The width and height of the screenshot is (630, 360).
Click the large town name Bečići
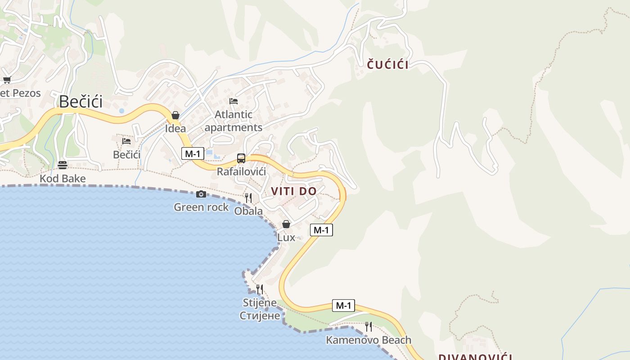pyautogui.click(x=81, y=102)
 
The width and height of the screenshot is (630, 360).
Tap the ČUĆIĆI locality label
pyautogui.click(x=387, y=65)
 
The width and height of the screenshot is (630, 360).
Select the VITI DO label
pyautogui.click(x=294, y=191)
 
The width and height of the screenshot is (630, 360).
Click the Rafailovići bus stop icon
pyautogui.click(x=241, y=158)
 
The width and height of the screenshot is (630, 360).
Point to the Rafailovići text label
pyautogui.click(x=241, y=171)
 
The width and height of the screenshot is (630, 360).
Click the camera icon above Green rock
pyautogui.click(x=201, y=194)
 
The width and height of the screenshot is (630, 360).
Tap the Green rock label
pyautogui.click(x=201, y=207)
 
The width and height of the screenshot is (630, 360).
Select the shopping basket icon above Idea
pyautogui.click(x=175, y=116)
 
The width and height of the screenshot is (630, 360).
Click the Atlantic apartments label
pyautogui.click(x=234, y=121)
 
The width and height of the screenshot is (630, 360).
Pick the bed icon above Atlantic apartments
pyautogui.click(x=234, y=101)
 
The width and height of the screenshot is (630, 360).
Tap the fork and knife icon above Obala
pyautogui.click(x=248, y=198)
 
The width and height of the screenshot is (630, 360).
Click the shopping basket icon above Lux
pyautogui.click(x=286, y=224)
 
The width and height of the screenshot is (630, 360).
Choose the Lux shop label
pyautogui.click(x=286, y=237)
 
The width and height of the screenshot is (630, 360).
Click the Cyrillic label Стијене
pyautogui.click(x=260, y=315)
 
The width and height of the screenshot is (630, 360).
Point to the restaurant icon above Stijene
pyautogui.click(x=260, y=289)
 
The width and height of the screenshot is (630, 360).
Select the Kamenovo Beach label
pyautogui.click(x=369, y=340)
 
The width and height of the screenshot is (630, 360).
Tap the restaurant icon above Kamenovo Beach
pyautogui.click(x=369, y=326)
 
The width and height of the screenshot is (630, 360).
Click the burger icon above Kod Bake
pyautogui.click(x=63, y=165)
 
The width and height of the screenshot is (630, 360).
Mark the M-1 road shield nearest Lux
pyautogui.click(x=321, y=230)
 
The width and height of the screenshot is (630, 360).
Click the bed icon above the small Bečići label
pyautogui.click(x=126, y=141)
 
